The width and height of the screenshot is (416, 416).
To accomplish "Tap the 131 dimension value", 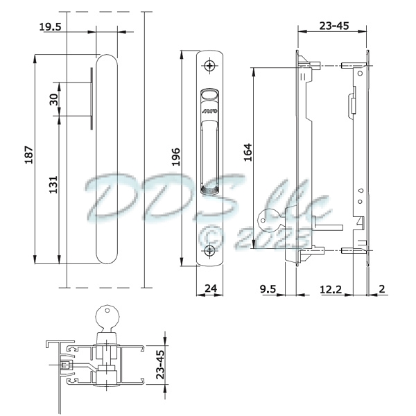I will point(53,184).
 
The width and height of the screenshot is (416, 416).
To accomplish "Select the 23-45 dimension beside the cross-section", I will point(159,364).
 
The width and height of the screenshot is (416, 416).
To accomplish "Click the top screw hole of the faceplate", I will point(211,66).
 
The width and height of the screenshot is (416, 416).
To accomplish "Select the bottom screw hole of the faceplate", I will point(211,252).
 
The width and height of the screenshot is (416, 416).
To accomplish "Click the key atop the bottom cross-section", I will point(107,314).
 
